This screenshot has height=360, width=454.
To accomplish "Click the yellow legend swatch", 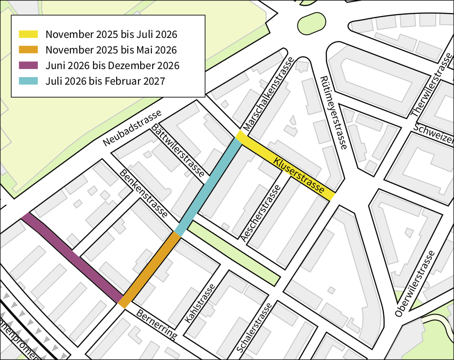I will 28,34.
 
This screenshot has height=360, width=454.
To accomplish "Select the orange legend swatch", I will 28,50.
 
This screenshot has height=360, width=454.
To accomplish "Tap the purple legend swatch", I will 28,65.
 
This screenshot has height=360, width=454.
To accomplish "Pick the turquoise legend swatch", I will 28,81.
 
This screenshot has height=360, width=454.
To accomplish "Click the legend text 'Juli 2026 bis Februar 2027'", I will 105,81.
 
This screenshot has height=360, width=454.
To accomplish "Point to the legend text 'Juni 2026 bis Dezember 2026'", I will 112,65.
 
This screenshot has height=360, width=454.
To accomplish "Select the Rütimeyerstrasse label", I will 333,112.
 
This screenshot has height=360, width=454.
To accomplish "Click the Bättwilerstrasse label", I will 178,151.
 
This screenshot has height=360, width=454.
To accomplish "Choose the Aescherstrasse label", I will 261,213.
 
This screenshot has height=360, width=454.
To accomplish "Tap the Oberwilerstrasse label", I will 414,284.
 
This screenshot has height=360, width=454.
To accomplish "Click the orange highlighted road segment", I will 149,270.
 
